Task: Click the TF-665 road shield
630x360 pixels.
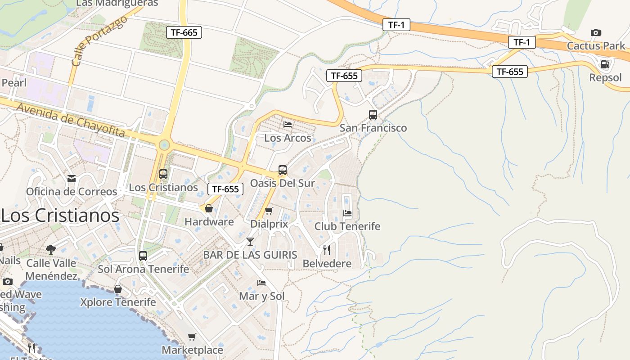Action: (x=184, y=32)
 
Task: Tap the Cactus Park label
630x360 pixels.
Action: (x=596, y=45)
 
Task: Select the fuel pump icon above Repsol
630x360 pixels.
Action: (x=605, y=64)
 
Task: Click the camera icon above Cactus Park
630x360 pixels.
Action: (x=595, y=32)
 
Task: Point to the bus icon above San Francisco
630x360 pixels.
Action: (x=373, y=114)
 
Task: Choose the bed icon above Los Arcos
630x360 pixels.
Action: (x=288, y=124)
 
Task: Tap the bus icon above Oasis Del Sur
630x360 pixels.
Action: (x=283, y=170)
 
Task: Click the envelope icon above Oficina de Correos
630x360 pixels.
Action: (x=72, y=179)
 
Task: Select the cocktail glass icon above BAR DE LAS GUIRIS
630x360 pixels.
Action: (x=250, y=242)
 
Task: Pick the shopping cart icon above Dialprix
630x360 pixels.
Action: (x=269, y=211)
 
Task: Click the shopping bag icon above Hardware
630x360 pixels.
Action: (x=209, y=208)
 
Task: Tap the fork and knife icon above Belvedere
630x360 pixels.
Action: (x=327, y=250)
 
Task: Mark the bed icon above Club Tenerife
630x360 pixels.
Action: (x=347, y=213)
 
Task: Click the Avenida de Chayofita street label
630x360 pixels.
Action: (x=71, y=119)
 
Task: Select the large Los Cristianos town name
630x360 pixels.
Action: (x=60, y=215)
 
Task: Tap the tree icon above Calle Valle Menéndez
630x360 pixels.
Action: (x=51, y=249)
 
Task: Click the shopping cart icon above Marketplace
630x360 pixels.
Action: (x=192, y=337)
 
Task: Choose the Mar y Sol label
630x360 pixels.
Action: (x=261, y=296)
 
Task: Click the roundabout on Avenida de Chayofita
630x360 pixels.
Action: (x=164, y=145)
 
